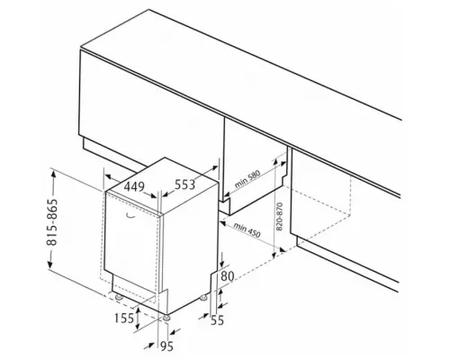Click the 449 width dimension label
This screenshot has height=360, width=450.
tap(134, 187)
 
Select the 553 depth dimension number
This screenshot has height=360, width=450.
tap(184, 184)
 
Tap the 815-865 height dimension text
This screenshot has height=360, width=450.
tap(52, 222)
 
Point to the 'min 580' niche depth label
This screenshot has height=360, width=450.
tap(247, 179)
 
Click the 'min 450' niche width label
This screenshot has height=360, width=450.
tap(247, 230)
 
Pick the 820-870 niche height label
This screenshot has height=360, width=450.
tap(279, 217)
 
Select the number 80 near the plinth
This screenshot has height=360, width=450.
tap(227, 276)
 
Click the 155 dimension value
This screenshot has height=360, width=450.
tap(124, 318)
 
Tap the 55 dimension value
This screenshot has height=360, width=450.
tap(217, 320)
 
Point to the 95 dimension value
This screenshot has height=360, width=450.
tap(166, 346)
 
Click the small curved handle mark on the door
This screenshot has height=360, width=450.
tap(130, 215)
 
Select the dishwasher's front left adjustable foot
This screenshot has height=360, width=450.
tap(119, 297)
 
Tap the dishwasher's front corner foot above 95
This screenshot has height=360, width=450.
tap(166, 318)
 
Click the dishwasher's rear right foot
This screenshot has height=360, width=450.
tap(204, 298)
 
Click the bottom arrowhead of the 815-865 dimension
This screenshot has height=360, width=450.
tap(49, 263)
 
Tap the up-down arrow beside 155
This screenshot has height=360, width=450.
tap(138, 319)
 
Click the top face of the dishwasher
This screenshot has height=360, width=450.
tap(162, 185)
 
